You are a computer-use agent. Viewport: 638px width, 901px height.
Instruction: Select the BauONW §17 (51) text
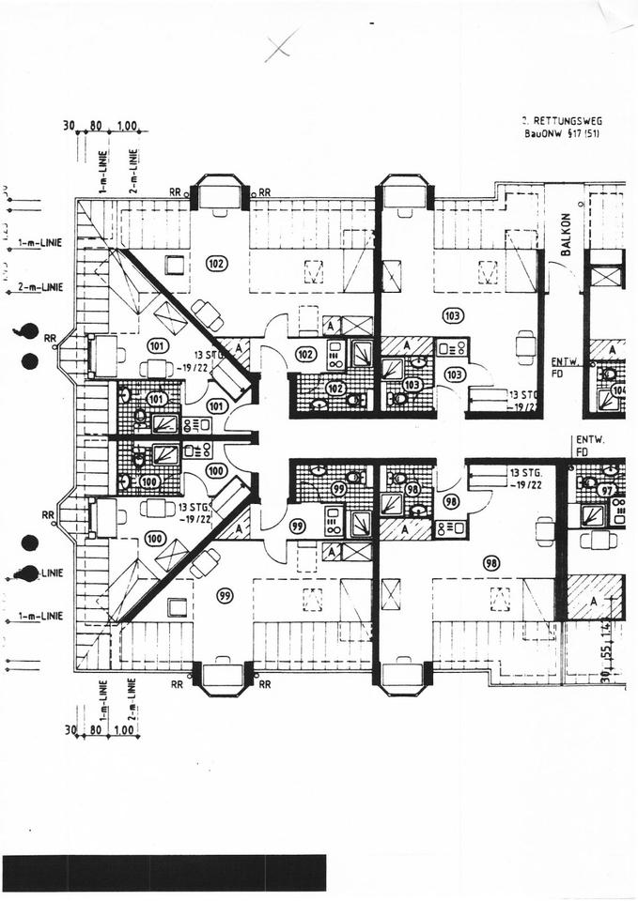(562, 134)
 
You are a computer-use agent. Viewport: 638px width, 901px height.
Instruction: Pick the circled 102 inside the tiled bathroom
(335, 388)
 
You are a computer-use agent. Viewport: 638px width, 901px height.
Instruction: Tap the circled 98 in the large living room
(490, 563)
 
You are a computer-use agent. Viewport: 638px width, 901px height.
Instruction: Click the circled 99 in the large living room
(225, 595)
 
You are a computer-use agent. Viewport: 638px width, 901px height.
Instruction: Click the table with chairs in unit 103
(525, 345)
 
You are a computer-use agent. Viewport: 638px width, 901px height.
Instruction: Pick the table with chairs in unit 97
(598, 540)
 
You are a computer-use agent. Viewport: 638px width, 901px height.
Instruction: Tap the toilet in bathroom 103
(399, 399)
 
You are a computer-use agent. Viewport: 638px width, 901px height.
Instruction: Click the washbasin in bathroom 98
(419, 511)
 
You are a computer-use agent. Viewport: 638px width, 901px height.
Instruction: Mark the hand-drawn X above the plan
(280, 45)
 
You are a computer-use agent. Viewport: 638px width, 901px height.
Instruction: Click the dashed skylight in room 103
(488, 271)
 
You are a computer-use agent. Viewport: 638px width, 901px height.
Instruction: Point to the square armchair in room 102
(175, 265)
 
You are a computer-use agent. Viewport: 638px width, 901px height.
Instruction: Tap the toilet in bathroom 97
(589, 482)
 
